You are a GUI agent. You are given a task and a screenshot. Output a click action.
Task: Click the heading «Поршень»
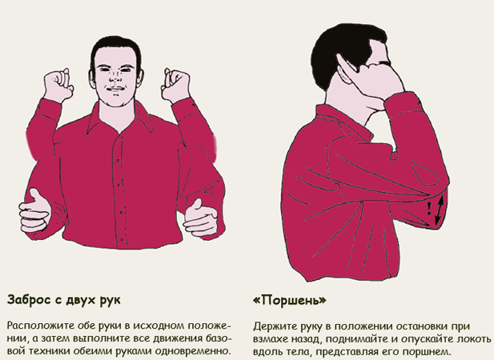290,300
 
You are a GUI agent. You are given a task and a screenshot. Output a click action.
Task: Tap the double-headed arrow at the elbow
440,210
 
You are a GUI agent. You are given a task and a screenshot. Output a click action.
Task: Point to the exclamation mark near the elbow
429,209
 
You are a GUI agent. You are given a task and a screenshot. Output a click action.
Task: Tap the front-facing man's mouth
115,90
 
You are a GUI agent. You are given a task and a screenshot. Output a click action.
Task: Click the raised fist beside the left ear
58,85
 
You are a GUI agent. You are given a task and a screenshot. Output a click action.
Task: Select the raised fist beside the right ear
175,85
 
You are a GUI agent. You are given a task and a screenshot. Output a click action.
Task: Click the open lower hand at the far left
34,210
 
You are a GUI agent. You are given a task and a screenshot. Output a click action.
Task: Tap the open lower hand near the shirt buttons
200,218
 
